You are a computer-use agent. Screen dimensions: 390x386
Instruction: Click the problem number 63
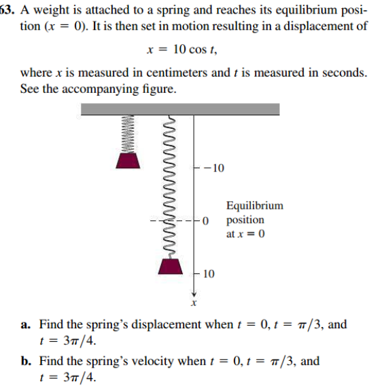click(x=7, y=11)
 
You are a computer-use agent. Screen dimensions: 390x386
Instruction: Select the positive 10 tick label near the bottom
click(x=209, y=274)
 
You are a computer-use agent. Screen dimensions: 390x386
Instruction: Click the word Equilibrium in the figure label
click(x=255, y=206)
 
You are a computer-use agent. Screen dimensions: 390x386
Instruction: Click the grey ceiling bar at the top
click(x=180, y=109)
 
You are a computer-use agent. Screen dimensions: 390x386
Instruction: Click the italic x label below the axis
click(x=193, y=304)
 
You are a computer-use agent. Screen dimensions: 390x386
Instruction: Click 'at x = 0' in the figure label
click(x=245, y=235)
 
